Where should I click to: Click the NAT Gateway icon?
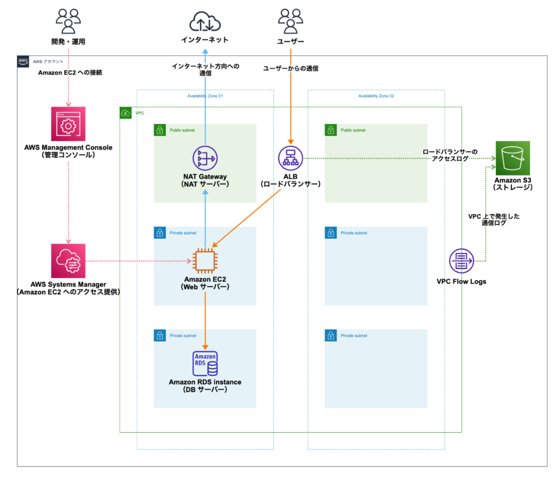pos(205,158)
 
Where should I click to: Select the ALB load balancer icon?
pos(290,159)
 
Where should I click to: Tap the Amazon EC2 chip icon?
pos(205,261)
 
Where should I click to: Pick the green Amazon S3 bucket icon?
pos(512,158)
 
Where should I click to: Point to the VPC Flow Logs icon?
pos(462,261)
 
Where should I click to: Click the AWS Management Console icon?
pos(68,124)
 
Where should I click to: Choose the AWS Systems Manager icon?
pos(68,261)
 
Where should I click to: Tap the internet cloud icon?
pos(205,22)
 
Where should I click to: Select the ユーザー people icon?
pos(290,22)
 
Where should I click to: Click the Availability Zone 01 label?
pos(205,96)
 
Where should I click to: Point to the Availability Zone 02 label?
pos(376,96)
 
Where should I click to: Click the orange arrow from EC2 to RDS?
pos(205,320)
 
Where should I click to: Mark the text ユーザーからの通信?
pos(290,68)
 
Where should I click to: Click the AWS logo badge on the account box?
pos(23,61)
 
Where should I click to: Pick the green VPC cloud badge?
pos(126,113)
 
